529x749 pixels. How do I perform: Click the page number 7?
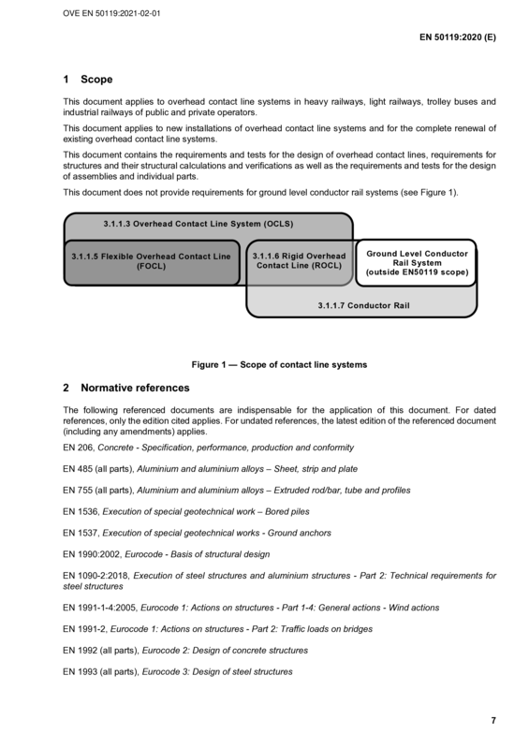(x=493, y=720)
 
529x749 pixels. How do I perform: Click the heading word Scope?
(x=96, y=80)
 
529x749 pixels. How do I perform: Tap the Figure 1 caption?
(x=279, y=365)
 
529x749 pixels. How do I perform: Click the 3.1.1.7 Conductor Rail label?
(x=363, y=306)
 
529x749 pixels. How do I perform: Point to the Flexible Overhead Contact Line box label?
(x=151, y=261)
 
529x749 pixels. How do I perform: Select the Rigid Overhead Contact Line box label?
(x=300, y=261)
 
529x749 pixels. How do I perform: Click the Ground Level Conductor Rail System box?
(x=417, y=263)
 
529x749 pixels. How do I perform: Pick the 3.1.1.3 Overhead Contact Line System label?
(x=198, y=224)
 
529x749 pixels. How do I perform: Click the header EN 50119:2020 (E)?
(x=457, y=37)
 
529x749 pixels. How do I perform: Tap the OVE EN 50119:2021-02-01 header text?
(x=111, y=13)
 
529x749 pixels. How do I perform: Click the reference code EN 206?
(x=79, y=448)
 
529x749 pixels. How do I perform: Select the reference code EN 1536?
(x=81, y=511)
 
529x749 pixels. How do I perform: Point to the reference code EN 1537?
(x=81, y=533)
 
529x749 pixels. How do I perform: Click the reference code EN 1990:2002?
(x=93, y=554)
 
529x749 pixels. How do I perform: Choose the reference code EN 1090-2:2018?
(x=97, y=576)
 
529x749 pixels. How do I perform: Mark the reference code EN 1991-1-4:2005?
(x=101, y=608)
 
